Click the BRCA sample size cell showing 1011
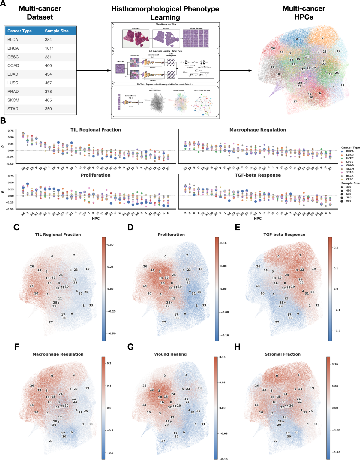coord(49,48)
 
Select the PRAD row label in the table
coord(13,92)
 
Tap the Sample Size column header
coord(57,31)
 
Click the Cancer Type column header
coord(19,31)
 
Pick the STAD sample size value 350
coord(48,109)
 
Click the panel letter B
coord(3,121)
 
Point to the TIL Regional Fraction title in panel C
coord(58,235)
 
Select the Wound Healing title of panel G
coord(170,354)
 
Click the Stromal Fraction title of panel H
coord(283,354)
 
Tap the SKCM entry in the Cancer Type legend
coord(350,169)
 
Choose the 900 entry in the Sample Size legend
coord(349,201)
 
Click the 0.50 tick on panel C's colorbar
coord(110,245)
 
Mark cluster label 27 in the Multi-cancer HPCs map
coord(295,101)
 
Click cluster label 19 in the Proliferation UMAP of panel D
coord(200,269)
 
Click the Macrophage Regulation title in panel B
coord(258,130)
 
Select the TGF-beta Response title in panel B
coord(258,175)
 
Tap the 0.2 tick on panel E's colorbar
coord(336,248)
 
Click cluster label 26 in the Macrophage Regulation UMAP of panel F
coord(32,386)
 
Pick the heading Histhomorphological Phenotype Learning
coord(165,13)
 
